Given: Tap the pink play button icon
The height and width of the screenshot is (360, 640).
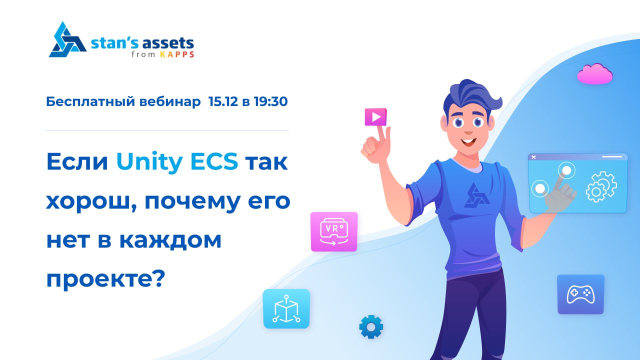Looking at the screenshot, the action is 375,117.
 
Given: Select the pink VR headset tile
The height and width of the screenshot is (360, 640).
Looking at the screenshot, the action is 334,231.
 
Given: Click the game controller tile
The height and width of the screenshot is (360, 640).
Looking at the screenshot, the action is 580,294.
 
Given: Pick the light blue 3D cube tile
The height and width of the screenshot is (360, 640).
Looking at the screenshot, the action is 286,309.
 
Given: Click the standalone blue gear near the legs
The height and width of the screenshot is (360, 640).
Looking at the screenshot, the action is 371,327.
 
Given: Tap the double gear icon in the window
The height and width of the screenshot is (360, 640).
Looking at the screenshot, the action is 601,187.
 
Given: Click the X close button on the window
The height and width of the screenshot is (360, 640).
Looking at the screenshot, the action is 533,157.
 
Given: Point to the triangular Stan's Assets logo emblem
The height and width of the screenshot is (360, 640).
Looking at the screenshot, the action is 67,40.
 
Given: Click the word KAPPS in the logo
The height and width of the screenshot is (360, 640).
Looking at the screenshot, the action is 177,54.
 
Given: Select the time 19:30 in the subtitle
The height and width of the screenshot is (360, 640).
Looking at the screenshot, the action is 270,101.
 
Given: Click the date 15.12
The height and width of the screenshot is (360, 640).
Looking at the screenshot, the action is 223,101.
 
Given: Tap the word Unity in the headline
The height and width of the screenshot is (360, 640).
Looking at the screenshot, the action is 149,162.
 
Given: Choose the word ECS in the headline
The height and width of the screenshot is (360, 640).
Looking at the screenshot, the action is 214,161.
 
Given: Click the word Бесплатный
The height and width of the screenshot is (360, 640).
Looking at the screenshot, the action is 90,101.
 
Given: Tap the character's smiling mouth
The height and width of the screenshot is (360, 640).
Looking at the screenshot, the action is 468,141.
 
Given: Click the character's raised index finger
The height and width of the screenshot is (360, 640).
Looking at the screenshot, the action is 380,133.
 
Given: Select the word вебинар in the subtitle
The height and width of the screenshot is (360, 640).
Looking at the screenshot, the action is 170,101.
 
